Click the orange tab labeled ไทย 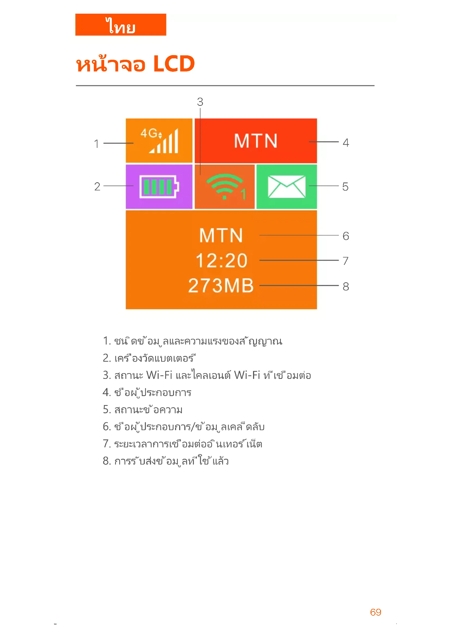(121, 25)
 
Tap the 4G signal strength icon (160, 140)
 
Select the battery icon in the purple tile (159, 187)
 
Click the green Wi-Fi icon (225, 186)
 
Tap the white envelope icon (286, 187)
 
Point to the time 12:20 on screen (221, 261)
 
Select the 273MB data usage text (221, 286)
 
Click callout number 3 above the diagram (200, 102)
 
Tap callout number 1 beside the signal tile (96, 144)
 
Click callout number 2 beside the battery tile (97, 187)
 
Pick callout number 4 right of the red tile (345, 143)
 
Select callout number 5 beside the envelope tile (345, 187)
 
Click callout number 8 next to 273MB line (345, 286)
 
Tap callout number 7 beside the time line (345, 261)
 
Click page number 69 (375, 612)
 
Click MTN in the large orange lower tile (221, 236)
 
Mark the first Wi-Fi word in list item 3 (160, 375)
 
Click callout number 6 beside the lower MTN (345, 236)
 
